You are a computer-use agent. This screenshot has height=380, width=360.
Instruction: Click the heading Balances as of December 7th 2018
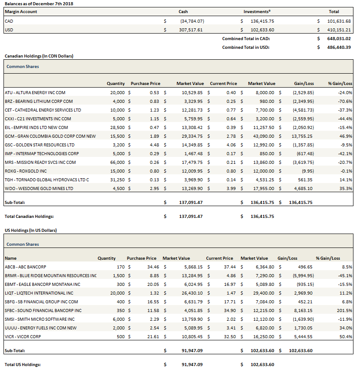point(39,3)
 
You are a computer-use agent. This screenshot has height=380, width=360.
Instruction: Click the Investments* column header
point(257,12)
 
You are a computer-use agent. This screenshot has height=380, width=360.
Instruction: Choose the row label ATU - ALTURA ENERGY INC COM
point(35,92)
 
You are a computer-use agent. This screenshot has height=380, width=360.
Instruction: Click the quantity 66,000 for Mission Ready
point(116,162)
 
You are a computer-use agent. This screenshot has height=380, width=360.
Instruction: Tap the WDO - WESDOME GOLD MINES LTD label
point(39,188)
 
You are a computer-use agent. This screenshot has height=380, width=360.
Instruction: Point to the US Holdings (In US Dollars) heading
point(31,230)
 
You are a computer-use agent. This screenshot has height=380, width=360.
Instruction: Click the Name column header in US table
point(10,258)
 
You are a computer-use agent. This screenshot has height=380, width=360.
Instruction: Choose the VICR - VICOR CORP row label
point(23,336)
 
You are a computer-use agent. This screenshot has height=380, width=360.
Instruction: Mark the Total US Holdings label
point(22,364)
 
